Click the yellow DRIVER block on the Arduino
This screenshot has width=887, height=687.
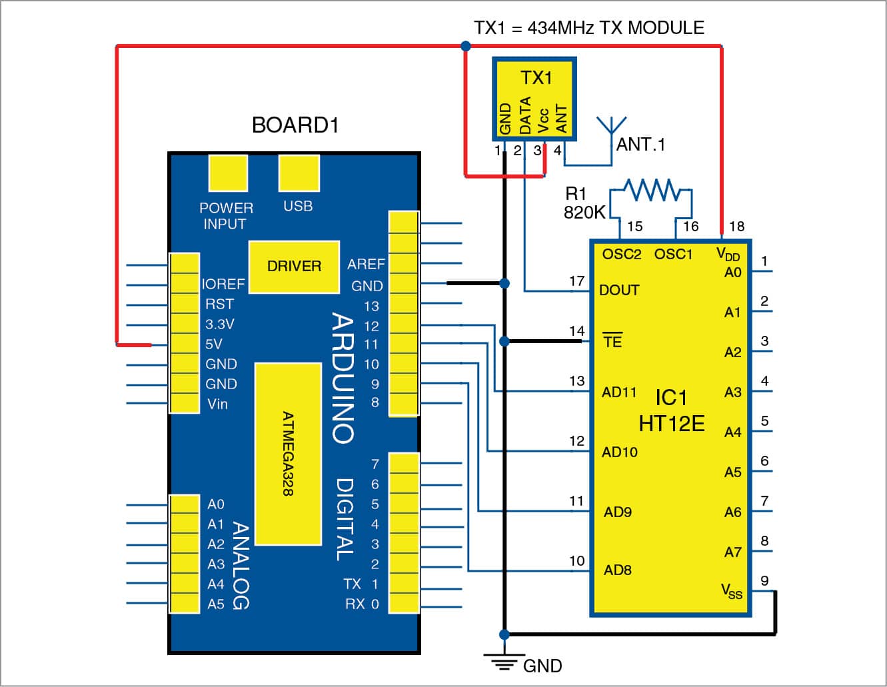[294, 267]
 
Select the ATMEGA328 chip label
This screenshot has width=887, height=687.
[288, 453]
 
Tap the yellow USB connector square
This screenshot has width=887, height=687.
[299, 173]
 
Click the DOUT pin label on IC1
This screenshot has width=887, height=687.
[619, 291]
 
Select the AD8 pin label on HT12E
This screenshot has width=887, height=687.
[618, 570]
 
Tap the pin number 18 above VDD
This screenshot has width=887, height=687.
[736, 227]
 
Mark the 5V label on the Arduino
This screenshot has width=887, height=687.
[214, 344]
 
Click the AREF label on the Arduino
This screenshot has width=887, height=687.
[366, 265]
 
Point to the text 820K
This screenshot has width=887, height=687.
[584, 213]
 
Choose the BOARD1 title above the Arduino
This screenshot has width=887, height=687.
[295, 125]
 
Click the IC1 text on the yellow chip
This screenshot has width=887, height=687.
[671, 398]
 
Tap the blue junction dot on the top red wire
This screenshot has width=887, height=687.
[466, 46]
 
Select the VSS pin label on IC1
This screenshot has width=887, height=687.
[731, 591]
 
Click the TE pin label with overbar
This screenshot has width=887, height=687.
[612, 341]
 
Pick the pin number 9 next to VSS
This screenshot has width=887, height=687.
[764, 581]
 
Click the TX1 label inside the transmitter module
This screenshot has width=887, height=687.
[536, 78]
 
